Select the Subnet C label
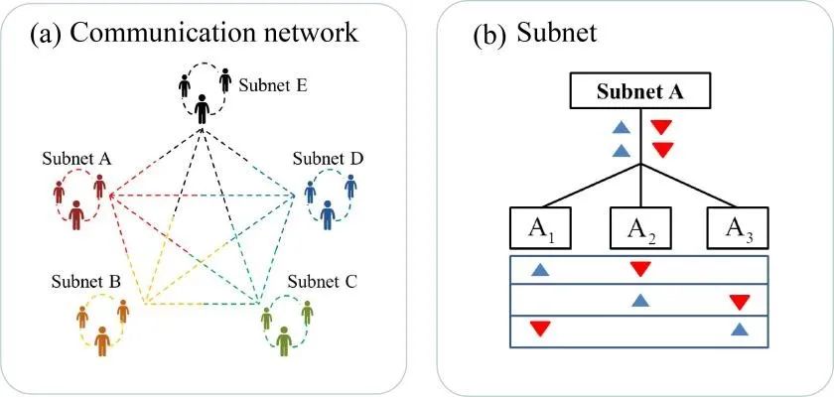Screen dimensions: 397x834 click(x=319, y=280)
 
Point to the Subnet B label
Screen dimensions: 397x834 click(x=88, y=282)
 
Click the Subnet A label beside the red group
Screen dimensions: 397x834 click(x=75, y=158)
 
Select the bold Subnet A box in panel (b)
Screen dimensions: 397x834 click(x=639, y=93)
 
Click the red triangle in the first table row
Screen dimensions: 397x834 click(x=640, y=268)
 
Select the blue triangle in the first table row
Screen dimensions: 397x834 click(x=539, y=269)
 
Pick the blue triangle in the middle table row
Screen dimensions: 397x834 click(x=640, y=299)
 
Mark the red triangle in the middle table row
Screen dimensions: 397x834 click(x=739, y=301)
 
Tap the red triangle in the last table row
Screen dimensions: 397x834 click(x=539, y=329)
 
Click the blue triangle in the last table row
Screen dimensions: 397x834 click(x=739, y=329)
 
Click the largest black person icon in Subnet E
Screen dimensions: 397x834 click(x=204, y=106)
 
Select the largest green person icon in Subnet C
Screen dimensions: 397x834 click(x=286, y=339)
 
